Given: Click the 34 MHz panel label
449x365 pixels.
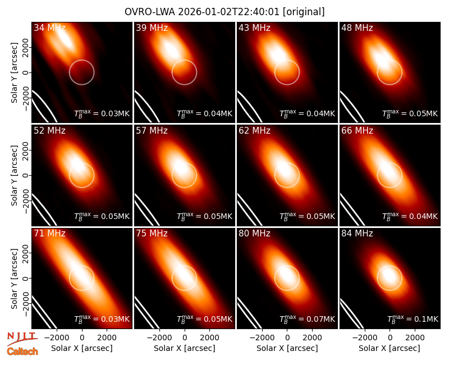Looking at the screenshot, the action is coord(49,28).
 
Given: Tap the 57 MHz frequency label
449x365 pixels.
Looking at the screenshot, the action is coord(152,131).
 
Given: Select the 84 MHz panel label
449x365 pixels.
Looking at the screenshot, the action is coord(357,234).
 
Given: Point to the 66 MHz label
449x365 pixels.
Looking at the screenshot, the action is coord(357,131).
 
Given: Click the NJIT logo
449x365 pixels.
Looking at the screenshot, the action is coord(22,339).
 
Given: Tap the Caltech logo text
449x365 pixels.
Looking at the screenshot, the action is coord(22,352).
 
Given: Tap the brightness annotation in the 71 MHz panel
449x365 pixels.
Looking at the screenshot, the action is coord(102,318).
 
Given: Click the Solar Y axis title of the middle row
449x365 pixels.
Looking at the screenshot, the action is coord(14,175).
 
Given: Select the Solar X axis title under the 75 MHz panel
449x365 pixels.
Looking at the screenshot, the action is coord(185,348).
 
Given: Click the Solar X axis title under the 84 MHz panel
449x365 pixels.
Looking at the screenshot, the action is coord(390,348).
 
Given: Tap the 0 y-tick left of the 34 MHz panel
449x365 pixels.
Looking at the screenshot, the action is coord(26,72).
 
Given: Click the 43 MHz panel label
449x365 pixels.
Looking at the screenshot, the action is coord(254,28).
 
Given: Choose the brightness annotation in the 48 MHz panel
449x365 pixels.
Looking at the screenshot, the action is coord(410,113).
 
